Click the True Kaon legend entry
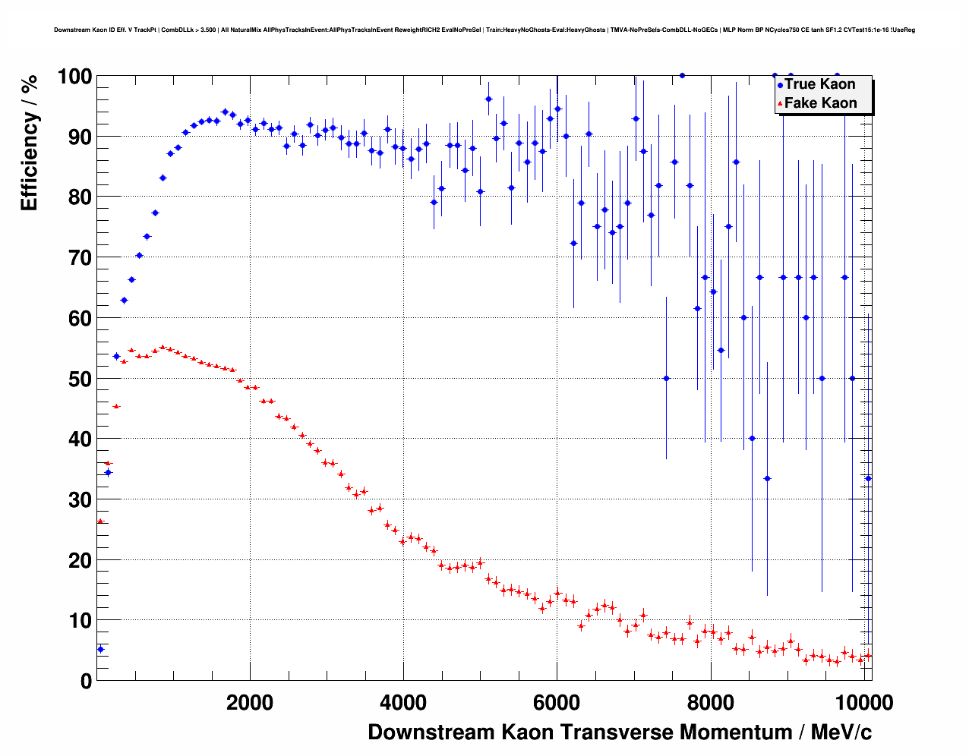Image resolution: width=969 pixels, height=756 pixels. [x=819, y=84]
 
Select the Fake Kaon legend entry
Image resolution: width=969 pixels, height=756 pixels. [x=820, y=103]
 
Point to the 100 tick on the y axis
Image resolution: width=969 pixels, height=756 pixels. [x=74, y=77]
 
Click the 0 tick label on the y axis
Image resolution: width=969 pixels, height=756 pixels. [x=86, y=681]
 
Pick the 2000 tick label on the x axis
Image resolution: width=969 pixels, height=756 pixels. [x=249, y=703]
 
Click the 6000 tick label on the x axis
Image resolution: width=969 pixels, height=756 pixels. [x=557, y=703]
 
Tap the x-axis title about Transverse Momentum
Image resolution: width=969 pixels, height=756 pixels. [x=620, y=732]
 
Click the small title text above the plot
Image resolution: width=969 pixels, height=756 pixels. [x=485, y=30]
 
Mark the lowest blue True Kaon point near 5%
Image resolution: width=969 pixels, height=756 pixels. [x=100, y=649]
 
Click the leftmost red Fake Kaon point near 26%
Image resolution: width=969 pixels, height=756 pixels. [x=99, y=521]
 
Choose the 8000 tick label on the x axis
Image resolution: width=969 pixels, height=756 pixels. [x=710, y=703]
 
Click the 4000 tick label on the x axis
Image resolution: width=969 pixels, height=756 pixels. [x=402, y=703]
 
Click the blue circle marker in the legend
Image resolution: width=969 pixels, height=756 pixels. [x=780, y=86]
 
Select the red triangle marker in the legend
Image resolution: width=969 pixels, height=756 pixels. [x=780, y=104]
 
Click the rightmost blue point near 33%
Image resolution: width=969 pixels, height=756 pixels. [x=868, y=478]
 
